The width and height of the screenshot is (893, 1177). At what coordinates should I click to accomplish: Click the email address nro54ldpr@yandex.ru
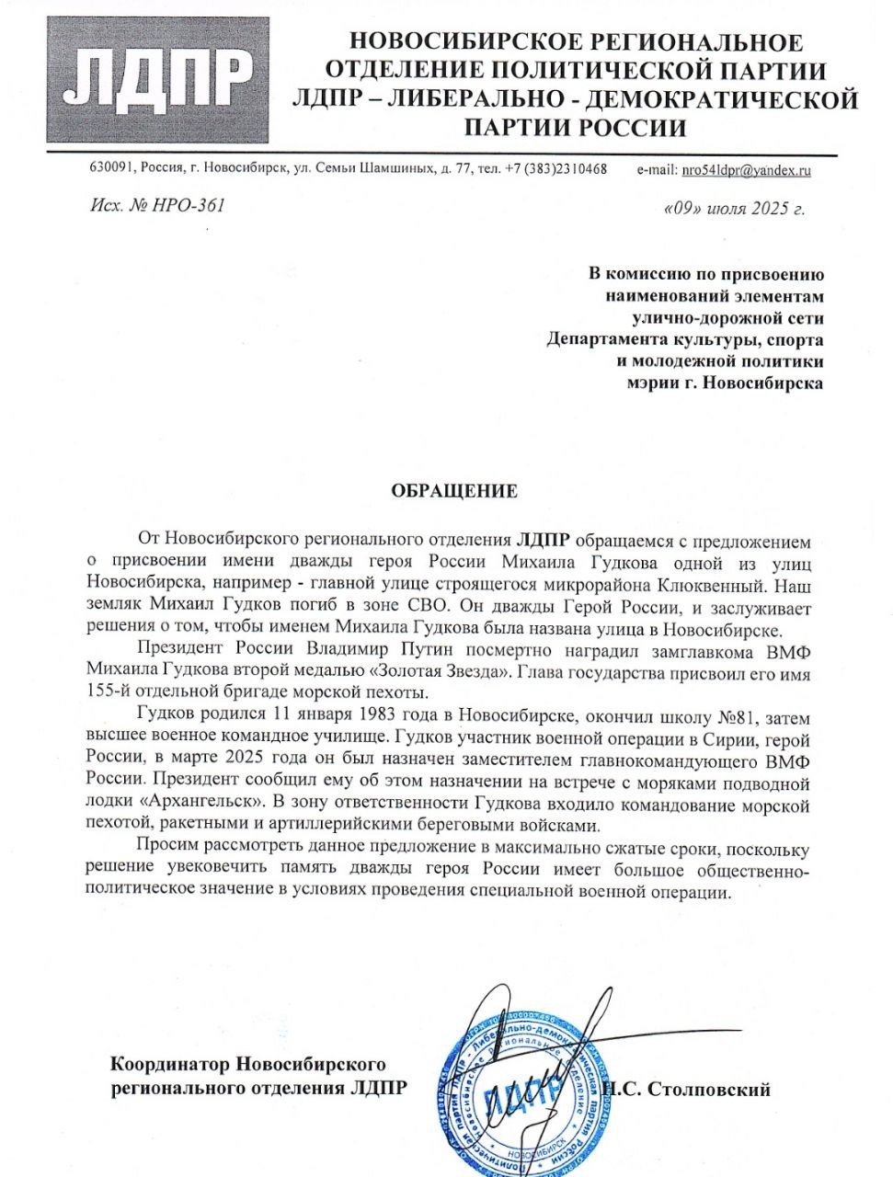click(x=745, y=170)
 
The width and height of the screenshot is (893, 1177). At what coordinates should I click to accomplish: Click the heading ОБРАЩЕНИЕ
click(x=454, y=490)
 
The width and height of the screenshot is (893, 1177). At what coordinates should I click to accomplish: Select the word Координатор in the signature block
click(x=169, y=1066)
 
